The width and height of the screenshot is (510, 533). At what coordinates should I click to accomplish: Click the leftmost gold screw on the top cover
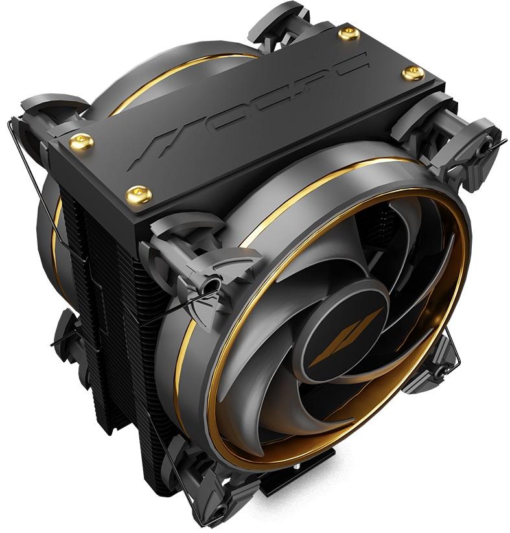click(x=80, y=141)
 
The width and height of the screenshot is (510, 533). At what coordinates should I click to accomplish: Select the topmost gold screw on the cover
click(x=349, y=33)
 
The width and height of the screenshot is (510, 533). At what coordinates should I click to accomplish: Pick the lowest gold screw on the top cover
click(x=137, y=193)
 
